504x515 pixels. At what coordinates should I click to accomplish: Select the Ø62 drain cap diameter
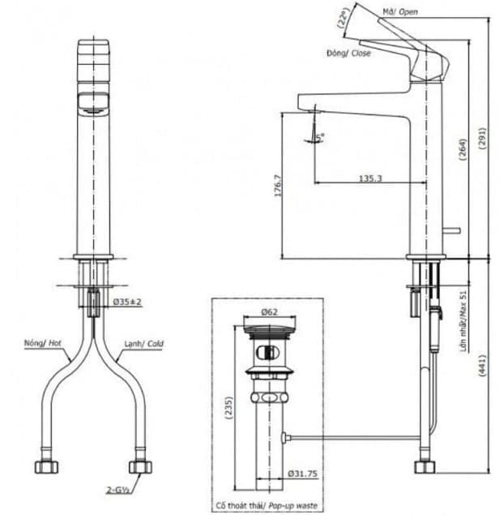coord(271,311)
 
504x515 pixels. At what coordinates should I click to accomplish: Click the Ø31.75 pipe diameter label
coord(303,474)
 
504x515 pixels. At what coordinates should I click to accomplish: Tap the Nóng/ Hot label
coord(41,344)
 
